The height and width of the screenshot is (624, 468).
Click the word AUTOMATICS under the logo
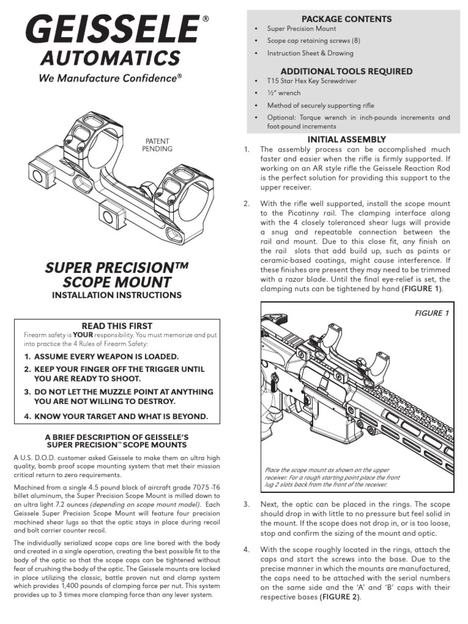110,58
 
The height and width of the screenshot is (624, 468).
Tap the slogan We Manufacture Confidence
110,78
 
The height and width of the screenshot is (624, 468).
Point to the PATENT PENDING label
158,144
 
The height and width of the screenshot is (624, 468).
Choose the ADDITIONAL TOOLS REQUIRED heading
346,71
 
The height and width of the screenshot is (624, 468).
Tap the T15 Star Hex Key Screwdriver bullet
311,80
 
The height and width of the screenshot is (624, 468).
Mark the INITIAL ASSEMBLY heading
347,140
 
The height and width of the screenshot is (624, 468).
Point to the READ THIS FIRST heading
116,326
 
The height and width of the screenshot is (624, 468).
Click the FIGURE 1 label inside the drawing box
431,313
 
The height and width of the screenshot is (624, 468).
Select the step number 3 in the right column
246,505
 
